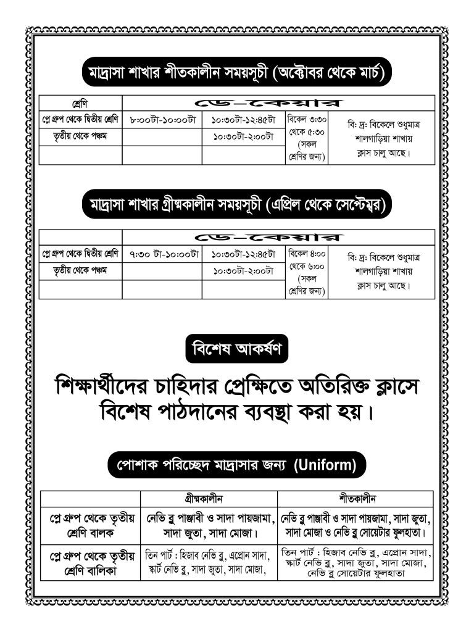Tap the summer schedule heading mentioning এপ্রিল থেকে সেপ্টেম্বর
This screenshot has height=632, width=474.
tap(237, 204)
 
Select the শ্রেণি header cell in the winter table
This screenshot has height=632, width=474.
tap(80, 103)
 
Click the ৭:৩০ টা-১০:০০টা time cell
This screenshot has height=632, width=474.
tap(162, 253)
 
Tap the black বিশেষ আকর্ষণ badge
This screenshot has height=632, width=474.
tap(237, 350)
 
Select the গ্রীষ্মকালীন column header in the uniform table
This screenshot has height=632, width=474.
tap(209, 498)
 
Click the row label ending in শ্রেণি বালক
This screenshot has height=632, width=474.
tap(91, 523)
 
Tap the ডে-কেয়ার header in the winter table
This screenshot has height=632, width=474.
tap(278, 103)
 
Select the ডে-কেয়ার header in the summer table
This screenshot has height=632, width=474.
tap(278, 237)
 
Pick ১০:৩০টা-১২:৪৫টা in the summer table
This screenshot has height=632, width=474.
tap(243, 253)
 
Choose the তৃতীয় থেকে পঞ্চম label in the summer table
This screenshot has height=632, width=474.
tap(80, 270)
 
